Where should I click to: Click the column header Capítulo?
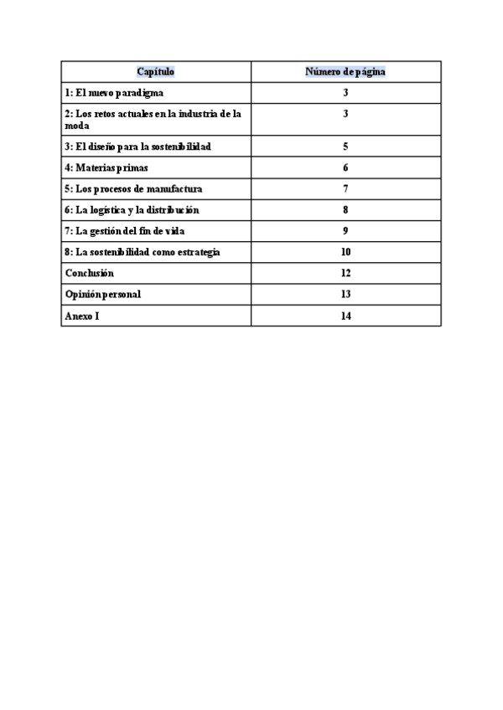tap(156, 72)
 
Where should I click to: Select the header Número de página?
tap(345, 72)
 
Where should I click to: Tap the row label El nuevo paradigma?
tap(114, 93)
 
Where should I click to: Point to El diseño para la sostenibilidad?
tap(137, 147)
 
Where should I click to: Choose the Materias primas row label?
tap(106, 167)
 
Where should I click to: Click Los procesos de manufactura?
tap(133, 188)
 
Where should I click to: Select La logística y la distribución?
tap(132, 210)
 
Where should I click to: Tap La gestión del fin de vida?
tap(124, 231)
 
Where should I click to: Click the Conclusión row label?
tap(90, 273)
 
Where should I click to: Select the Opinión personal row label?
tap(103, 295)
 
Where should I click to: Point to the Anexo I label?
tap(81, 316)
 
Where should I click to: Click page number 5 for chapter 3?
tap(345, 147)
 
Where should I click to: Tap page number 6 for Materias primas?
tap(345, 167)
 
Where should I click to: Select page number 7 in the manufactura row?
tap(345, 188)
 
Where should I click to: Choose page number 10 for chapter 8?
tap(345, 252)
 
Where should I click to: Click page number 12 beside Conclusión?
tap(345, 273)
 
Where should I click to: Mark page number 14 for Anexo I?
tap(345, 316)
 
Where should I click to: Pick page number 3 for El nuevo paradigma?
tap(345, 93)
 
